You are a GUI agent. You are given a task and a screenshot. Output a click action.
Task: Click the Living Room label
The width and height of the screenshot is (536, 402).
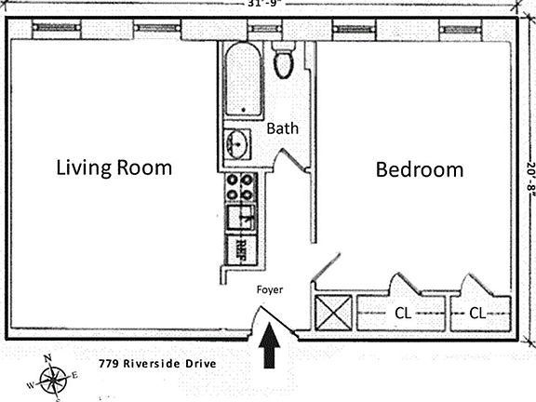pyautogui.click(x=114, y=167)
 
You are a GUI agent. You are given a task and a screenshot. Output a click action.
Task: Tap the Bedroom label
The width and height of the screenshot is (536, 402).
pyautogui.click(x=419, y=169)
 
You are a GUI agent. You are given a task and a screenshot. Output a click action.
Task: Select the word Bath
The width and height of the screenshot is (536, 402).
pyautogui.click(x=283, y=128)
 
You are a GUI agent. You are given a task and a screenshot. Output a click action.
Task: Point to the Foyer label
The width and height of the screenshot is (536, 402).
pyautogui.click(x=270, y=289)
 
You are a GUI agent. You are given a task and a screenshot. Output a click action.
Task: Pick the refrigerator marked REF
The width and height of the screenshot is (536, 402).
pyautogui.click(x=240, y=248)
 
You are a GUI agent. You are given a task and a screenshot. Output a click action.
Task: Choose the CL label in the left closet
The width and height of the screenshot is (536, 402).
pyautogui.click(x=404, y=313)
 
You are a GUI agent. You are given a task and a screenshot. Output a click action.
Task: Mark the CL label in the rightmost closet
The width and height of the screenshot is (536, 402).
pyautogui.click(x=476, y=313)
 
